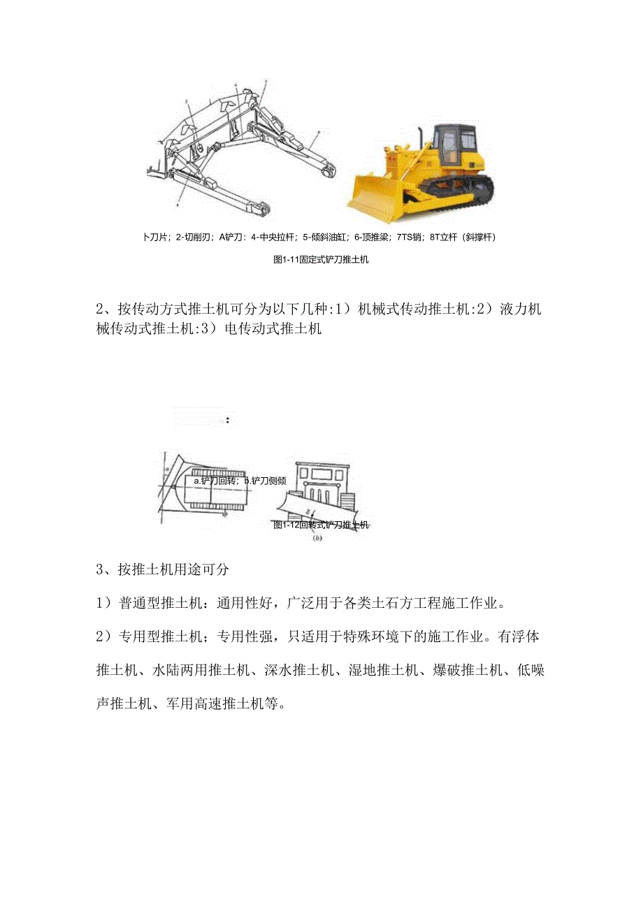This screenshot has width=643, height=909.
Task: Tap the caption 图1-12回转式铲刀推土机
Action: (x=321, y=525)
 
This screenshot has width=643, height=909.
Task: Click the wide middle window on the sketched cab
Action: (x=322, y=474)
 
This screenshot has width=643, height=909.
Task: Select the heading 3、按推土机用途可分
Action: (x=162, y=569)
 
